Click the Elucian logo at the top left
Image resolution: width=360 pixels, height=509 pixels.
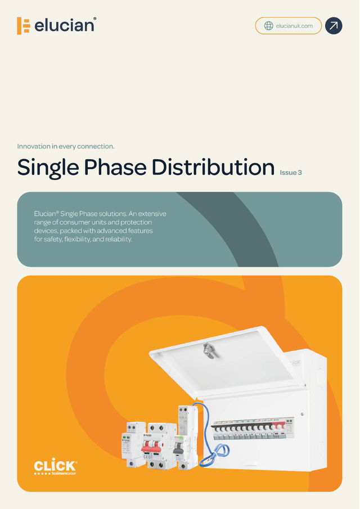coord(56,26)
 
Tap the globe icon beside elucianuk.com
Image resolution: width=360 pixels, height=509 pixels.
coord(268,26)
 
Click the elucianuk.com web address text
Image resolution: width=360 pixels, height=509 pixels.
coord(294,26)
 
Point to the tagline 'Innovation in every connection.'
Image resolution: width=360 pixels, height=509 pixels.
coord(66,146)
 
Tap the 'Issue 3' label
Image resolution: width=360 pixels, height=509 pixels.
coord(291,173)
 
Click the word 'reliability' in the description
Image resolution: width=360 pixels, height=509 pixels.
coord(117,239)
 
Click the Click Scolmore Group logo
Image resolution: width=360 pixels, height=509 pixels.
coord(55,467)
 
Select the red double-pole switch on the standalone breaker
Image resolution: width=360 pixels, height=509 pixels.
coord(152,447)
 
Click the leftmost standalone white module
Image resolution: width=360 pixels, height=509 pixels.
coord(133,444)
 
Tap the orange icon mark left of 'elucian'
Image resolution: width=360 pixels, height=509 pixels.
coord(23,26)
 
